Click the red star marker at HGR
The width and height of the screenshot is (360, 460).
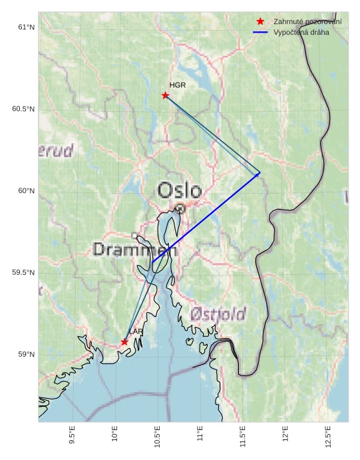[x=165, y=95]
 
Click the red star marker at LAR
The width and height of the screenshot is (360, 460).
[x=124, y=342]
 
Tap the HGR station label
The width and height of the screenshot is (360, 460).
[x=177, y=85]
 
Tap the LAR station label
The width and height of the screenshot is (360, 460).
[x=136, y=332]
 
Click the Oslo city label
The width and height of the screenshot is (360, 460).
[x=180, y=191]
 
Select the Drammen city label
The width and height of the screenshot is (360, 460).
[x=130, y=250]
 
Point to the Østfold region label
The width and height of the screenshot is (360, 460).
[x=218, y=314]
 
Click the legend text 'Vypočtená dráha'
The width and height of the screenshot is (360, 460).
[x=301, y=32]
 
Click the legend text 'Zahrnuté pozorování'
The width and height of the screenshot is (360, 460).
[x=307, y=21]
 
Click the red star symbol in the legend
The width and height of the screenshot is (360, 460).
[x=260, y=21]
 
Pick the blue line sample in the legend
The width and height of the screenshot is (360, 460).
[x=260, y=32]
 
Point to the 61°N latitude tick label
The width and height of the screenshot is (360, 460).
[x=26, y=27]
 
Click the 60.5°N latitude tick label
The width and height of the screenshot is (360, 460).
[x=23, y=109]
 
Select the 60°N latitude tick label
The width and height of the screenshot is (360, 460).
[x=26, y=191]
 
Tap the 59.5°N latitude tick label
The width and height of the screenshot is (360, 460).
[x=23, y=273]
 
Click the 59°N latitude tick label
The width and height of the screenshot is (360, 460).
[x=26, y=355]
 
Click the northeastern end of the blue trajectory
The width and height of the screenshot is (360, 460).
[x=260, y=174]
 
